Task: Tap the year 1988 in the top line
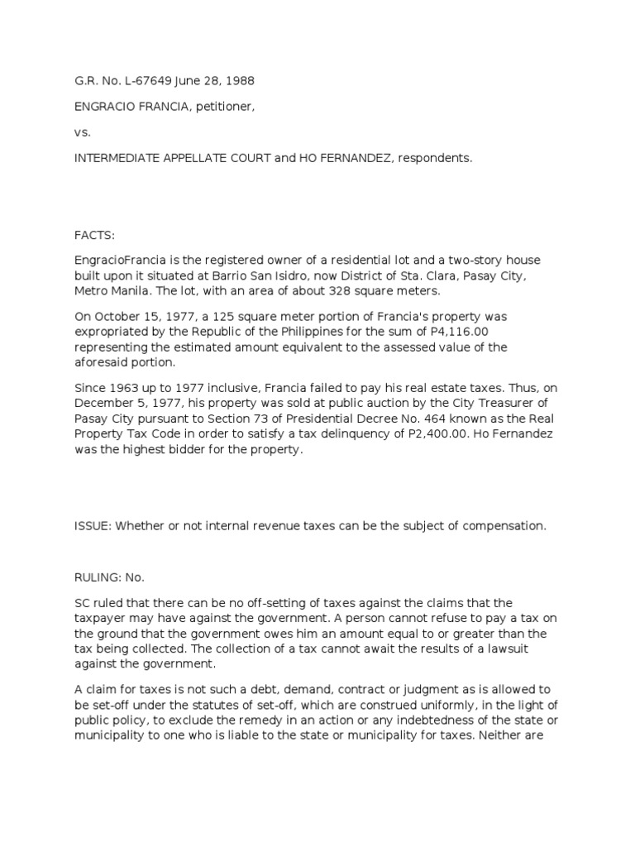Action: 239,81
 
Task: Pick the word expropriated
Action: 109,333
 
